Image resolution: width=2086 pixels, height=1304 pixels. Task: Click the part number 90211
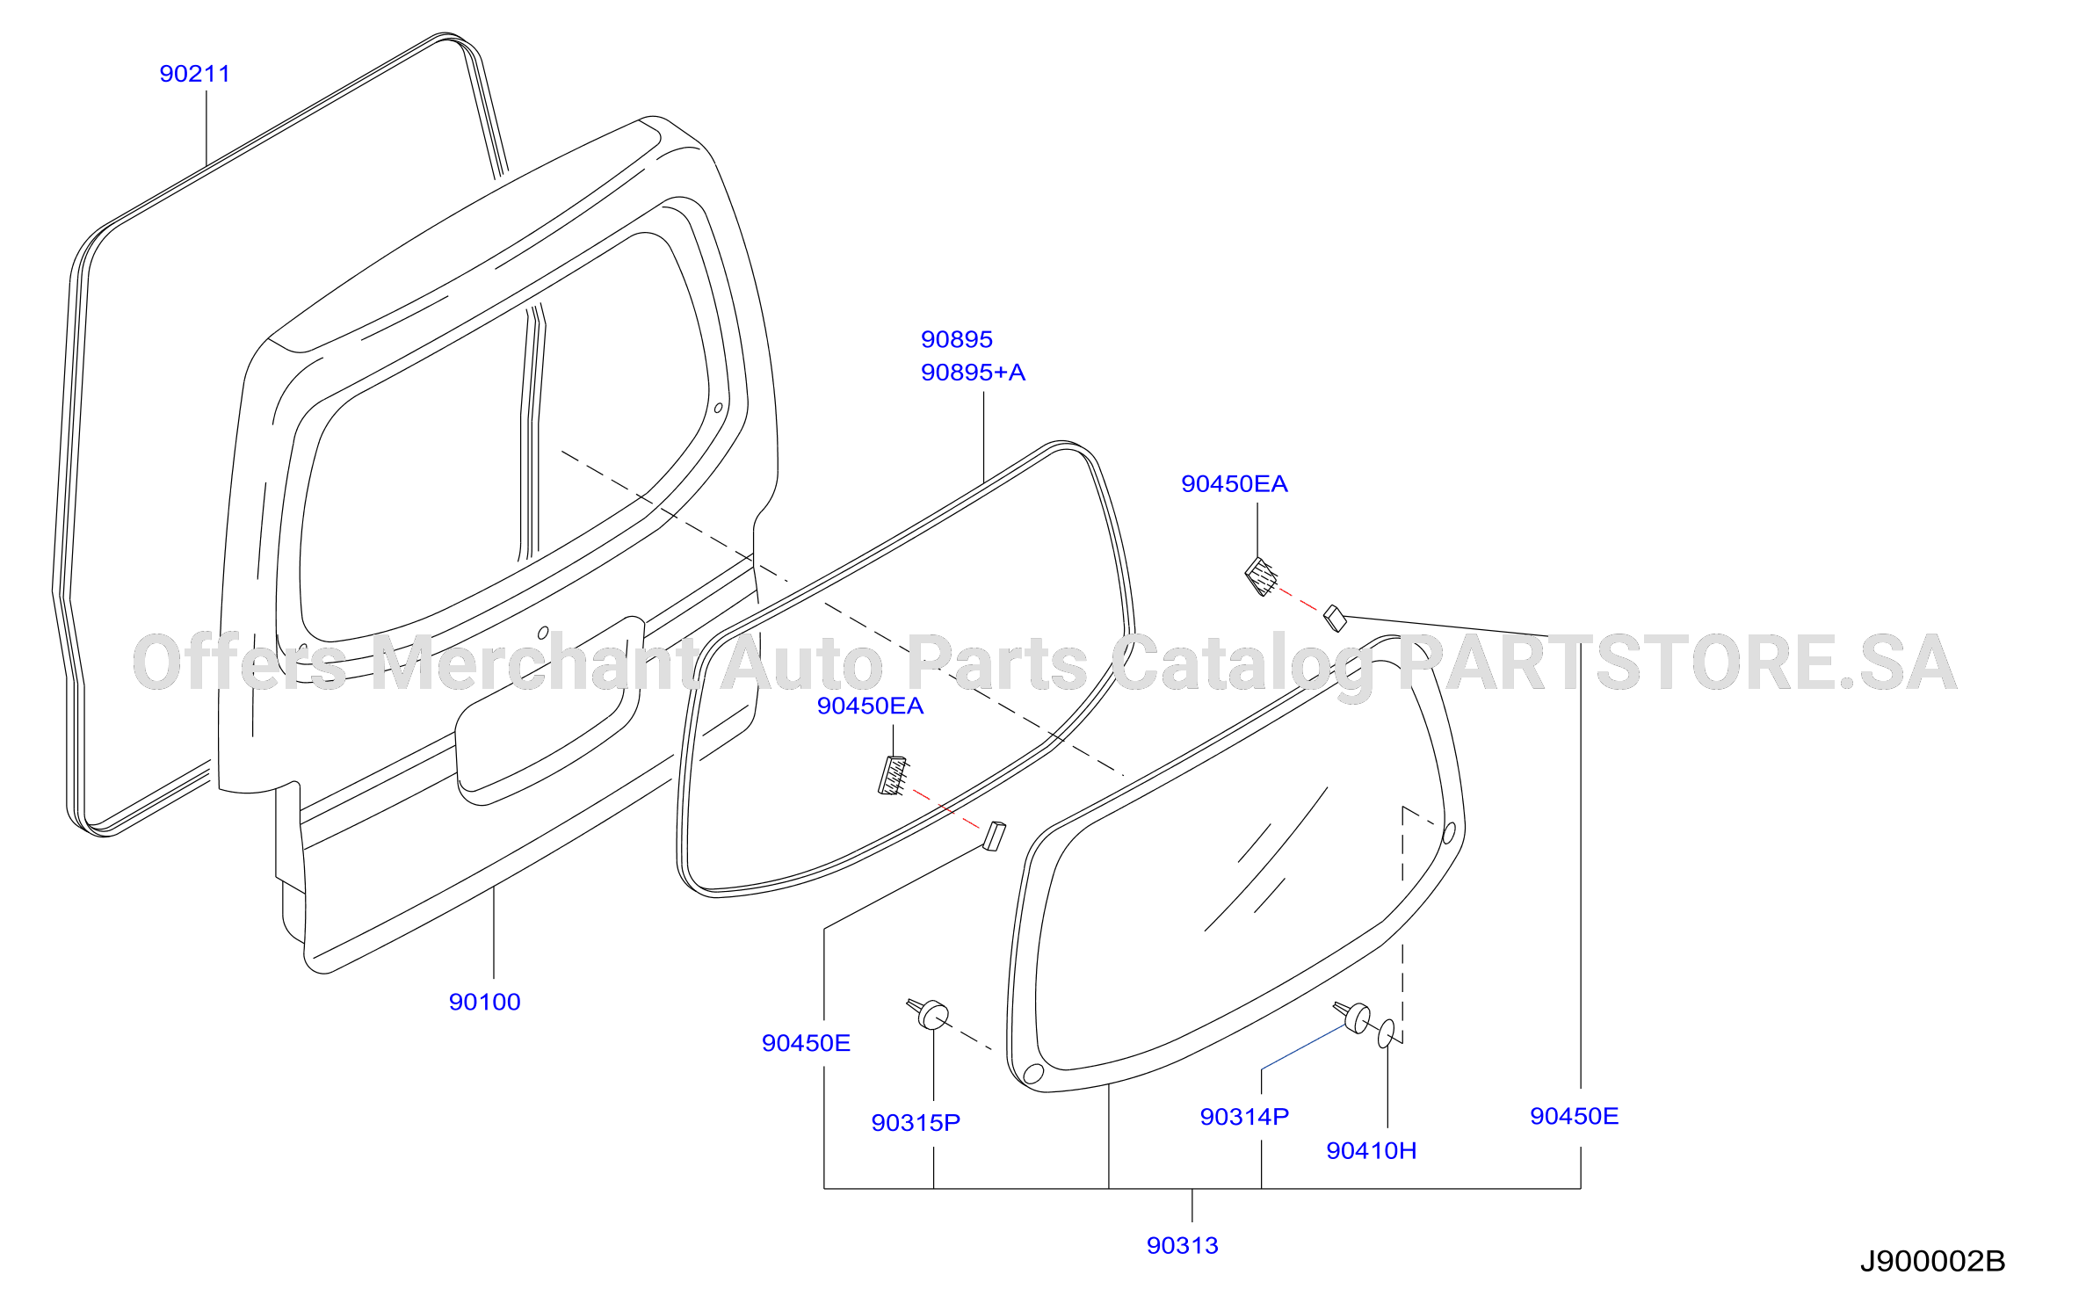[x=194, y=74]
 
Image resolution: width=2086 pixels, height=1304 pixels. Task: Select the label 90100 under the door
[x=484, y=1002]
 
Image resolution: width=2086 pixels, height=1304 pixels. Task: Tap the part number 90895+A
[x=973, y=373]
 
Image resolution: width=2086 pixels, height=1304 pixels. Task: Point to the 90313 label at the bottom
[x=1182, y=1245]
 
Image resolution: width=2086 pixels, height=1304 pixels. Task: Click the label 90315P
[x=916, y=1122]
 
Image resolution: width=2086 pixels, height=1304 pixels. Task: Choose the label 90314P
[x=1244, y=1116]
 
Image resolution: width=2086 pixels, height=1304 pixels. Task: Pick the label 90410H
[x=1371, y=1150]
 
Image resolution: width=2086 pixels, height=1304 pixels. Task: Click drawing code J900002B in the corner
[x=1932, y=1262]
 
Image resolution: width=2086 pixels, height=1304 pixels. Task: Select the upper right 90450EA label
[x=1234, y=484]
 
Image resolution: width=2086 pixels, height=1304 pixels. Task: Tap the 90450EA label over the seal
[x=870, y=706]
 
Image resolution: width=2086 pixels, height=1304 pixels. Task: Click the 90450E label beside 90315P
[x=806, y=1043]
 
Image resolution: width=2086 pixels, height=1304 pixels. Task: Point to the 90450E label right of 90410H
[x=1574, y=1116]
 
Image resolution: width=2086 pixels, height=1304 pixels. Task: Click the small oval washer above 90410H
[x=1386, y=1033]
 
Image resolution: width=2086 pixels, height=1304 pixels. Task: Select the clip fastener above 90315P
[x=929, y=1013]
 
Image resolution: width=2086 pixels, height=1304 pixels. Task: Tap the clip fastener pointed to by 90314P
[x=1353, y=1017]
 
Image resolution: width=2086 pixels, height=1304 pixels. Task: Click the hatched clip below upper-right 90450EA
[x=1261, y=576]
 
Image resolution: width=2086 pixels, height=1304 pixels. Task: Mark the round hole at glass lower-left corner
[x=1033, y=1073]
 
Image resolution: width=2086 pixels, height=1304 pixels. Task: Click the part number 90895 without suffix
[x=956, y=339]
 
